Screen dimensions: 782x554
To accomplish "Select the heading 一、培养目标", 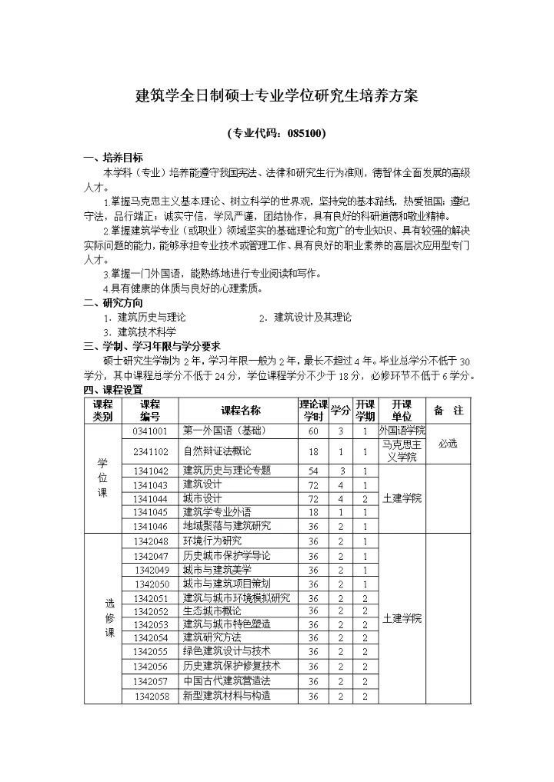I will (x=113, y=157).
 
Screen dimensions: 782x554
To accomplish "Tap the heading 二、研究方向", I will (x=113, y=302).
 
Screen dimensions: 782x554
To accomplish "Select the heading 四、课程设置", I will (x=113, y=389).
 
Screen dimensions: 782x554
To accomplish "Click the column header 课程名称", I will (x=240, y=411).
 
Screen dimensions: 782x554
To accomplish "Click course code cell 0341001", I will (x=150, y=431).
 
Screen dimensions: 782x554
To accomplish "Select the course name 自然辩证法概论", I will (x=217, y=451).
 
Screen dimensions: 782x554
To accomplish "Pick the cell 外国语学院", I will (x=402, y=431).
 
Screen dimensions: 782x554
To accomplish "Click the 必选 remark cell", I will (x=448, y=444).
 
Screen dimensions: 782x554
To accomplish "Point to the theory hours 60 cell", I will (x=313, y=431).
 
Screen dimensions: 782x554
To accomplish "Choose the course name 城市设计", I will (x=202, y=498).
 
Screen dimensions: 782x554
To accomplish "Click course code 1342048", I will (x=150, y=541).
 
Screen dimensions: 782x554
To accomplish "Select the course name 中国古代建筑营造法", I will (x=227, y=681).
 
